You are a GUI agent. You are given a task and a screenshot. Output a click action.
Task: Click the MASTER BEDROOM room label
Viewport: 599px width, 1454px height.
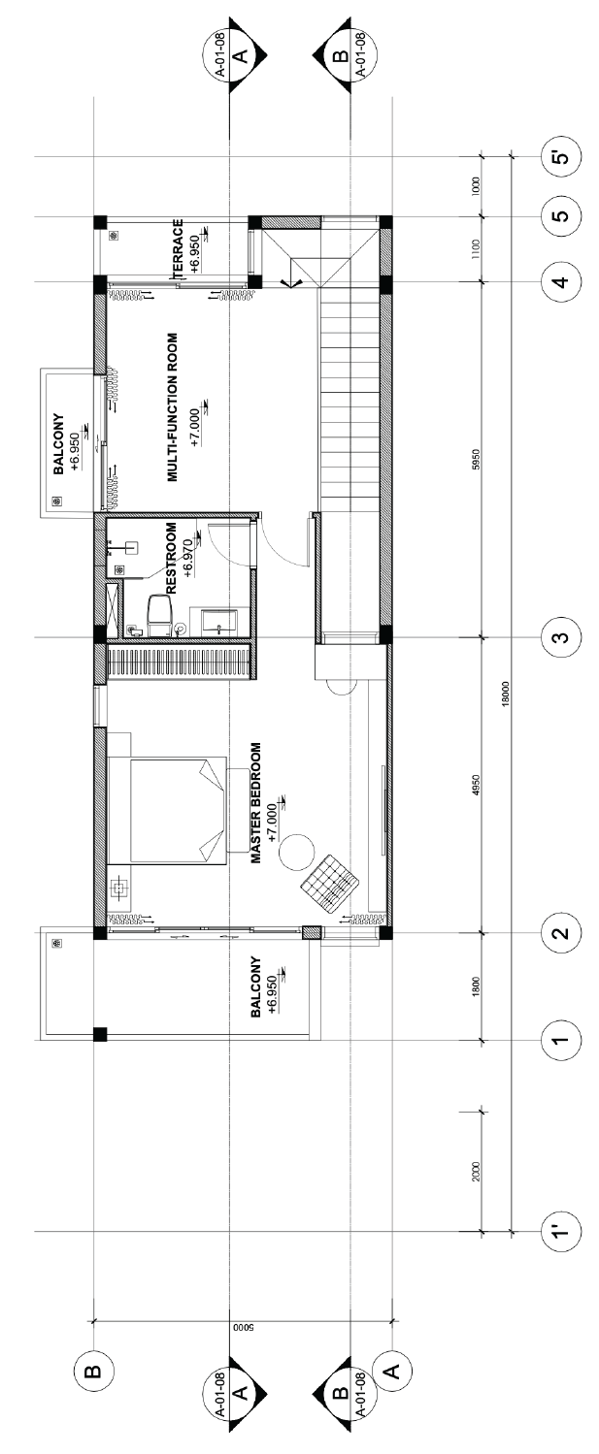[x=256, y=802]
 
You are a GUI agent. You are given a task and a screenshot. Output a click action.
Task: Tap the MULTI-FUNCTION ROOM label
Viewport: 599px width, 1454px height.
[x=172, y=407]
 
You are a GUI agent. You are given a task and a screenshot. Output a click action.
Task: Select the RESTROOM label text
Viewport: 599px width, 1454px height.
[x=172, y=559]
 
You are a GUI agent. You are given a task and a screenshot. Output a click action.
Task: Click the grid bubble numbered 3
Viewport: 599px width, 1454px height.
[x=561, y=637]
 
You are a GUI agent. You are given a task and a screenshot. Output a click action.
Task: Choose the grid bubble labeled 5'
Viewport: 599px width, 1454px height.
[x=561, y=157]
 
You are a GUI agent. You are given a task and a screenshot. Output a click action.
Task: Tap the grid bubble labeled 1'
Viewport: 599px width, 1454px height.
[x=561, y=1230]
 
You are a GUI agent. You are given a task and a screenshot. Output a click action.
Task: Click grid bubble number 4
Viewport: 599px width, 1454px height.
[x=561, y=281]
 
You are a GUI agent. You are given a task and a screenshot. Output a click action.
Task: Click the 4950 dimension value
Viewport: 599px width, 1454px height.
[x=477, y=785]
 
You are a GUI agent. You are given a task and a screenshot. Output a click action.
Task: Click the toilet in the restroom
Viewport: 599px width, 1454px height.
[x=159, y=615]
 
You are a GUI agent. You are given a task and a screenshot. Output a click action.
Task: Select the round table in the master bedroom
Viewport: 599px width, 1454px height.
[x=297, y=852]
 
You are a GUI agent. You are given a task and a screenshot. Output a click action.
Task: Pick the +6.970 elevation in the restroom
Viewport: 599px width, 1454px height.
[x=188, y=559]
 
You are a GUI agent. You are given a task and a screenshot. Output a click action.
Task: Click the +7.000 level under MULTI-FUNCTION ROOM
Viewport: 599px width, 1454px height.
[x=195, y=430]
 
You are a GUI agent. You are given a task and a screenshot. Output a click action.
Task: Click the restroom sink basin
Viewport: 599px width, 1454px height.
[x=219, y=622]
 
